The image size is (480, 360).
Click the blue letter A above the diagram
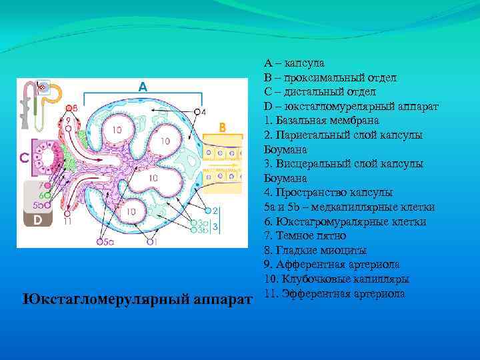pos(142,87)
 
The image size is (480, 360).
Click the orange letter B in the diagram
pos(223,127)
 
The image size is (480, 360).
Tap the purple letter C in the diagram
pos(23,158)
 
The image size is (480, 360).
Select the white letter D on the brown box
pos(38,219)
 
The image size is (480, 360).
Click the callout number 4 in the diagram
pos(203,112)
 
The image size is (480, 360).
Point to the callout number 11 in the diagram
pos(67,221)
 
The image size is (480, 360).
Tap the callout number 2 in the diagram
pos(215,211)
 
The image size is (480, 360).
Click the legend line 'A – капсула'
pos(294,63)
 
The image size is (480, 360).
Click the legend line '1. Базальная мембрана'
pos(321,121)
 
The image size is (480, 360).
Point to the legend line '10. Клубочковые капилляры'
pos(337,279)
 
